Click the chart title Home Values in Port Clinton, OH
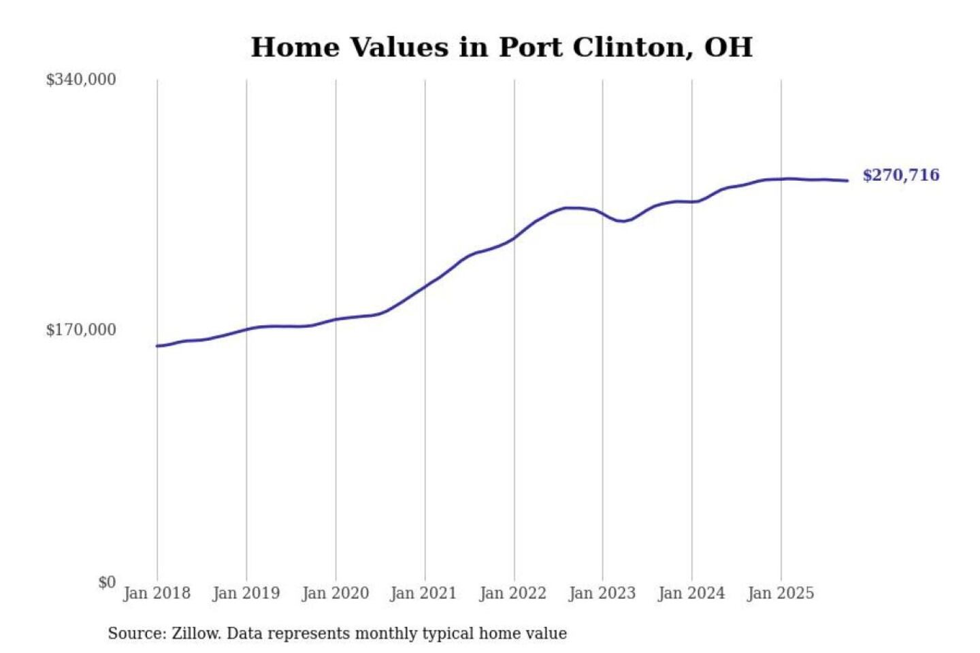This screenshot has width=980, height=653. point(502,48)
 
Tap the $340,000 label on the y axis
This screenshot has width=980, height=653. point(81,80)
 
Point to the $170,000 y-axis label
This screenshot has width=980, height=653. point(81,330)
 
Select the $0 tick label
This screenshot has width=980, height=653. point(107,582)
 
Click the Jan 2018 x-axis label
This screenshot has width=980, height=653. point(157,593)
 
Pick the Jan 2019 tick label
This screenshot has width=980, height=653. point(246,593)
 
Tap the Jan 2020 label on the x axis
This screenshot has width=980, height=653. point(335,593)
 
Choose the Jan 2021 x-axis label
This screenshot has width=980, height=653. point(423,593)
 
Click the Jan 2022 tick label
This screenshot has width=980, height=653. point(512,593)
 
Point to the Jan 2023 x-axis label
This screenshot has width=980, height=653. point(602,593)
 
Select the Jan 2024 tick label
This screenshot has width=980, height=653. point(691,593)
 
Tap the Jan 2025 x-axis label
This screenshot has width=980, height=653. point(780,593)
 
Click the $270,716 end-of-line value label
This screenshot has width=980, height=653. point(900,175)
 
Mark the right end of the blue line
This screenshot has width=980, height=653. point(847,180)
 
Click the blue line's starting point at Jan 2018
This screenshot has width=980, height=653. point(157,346)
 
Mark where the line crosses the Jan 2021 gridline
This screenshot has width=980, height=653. point(425,286)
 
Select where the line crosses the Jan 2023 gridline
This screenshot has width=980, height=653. point(602,213)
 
